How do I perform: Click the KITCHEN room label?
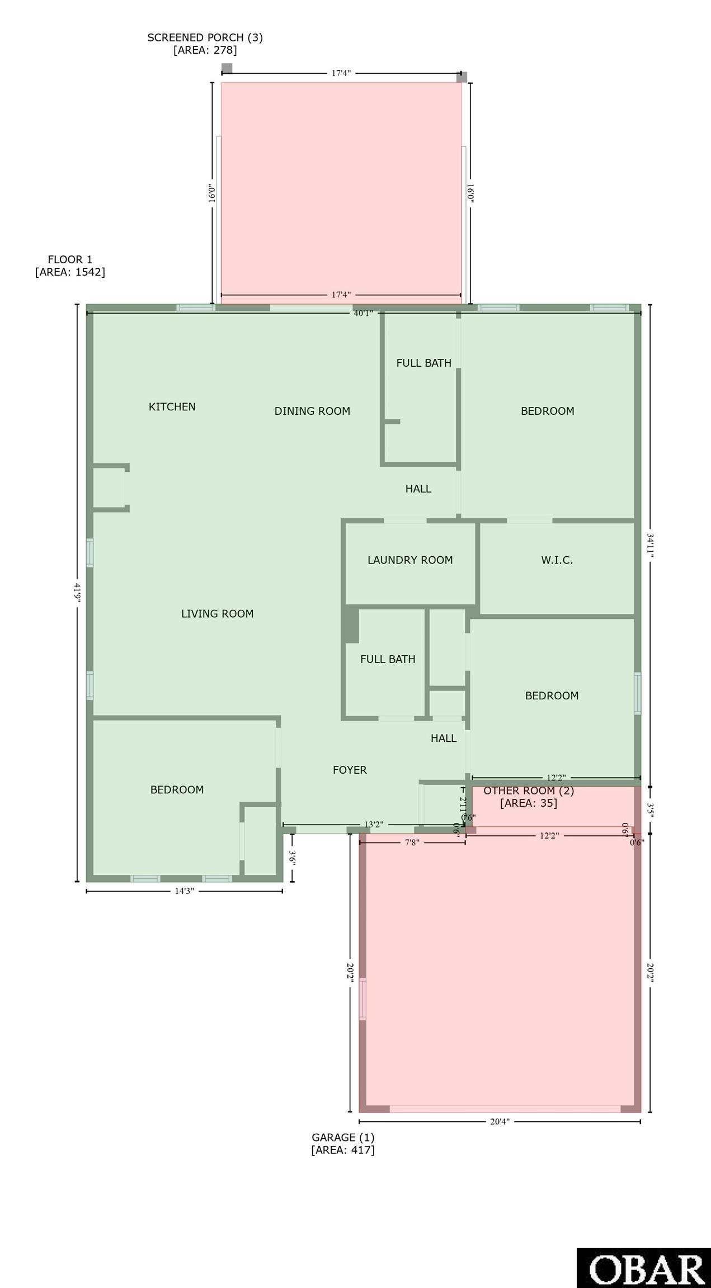pos(172,407)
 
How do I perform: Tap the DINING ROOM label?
pos(312,411)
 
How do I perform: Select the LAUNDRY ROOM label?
pos(410,560)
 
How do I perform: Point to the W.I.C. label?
pos(557,560)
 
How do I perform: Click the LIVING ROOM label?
pos(217,614)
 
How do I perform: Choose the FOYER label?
pos(350,770)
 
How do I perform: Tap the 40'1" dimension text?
pos(363,313)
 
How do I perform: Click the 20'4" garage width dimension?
pos(500,1121)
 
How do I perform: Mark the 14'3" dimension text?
pos(184,891)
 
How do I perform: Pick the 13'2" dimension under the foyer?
pos(374,825)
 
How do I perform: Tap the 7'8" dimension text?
pos(412,842)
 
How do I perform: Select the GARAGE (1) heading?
pos(343,1137)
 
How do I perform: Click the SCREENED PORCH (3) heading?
pos(205,37)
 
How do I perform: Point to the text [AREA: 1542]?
pos(70,272)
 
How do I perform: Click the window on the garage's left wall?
pos(362,999)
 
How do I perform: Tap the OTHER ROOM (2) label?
pos(529,791)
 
